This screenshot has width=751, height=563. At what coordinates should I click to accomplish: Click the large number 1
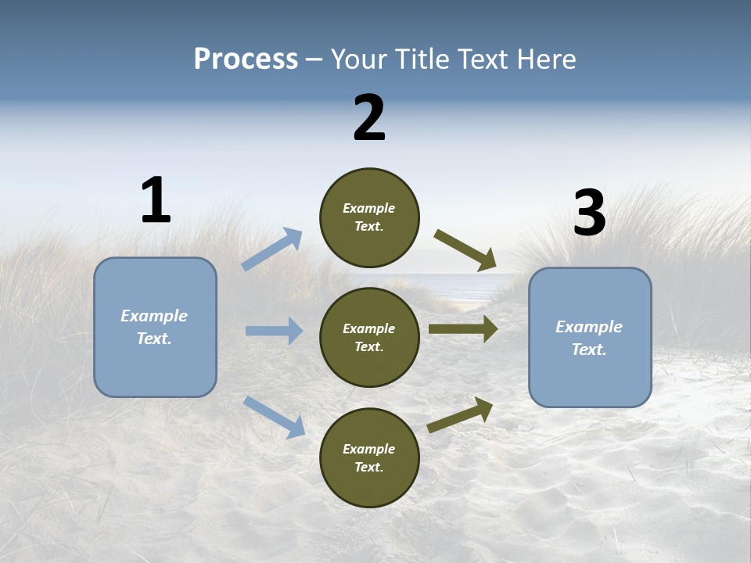[156, 200]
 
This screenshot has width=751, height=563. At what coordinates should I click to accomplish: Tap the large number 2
[369, 118]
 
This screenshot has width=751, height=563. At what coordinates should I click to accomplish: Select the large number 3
[589, 213]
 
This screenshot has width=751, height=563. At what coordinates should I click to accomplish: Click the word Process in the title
[246, 59]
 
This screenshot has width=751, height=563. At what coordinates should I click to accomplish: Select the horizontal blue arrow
[274, 331]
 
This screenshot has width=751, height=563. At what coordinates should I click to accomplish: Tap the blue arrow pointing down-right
[275, 416]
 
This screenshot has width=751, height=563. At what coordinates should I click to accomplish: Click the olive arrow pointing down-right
[465, 250]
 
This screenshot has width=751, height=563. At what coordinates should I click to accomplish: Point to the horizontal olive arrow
[463, 329]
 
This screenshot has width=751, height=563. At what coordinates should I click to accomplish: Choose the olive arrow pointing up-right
[461, 414]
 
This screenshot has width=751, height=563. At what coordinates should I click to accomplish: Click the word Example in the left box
[154, 316]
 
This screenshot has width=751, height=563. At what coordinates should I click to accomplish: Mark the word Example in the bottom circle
[369, 449]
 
